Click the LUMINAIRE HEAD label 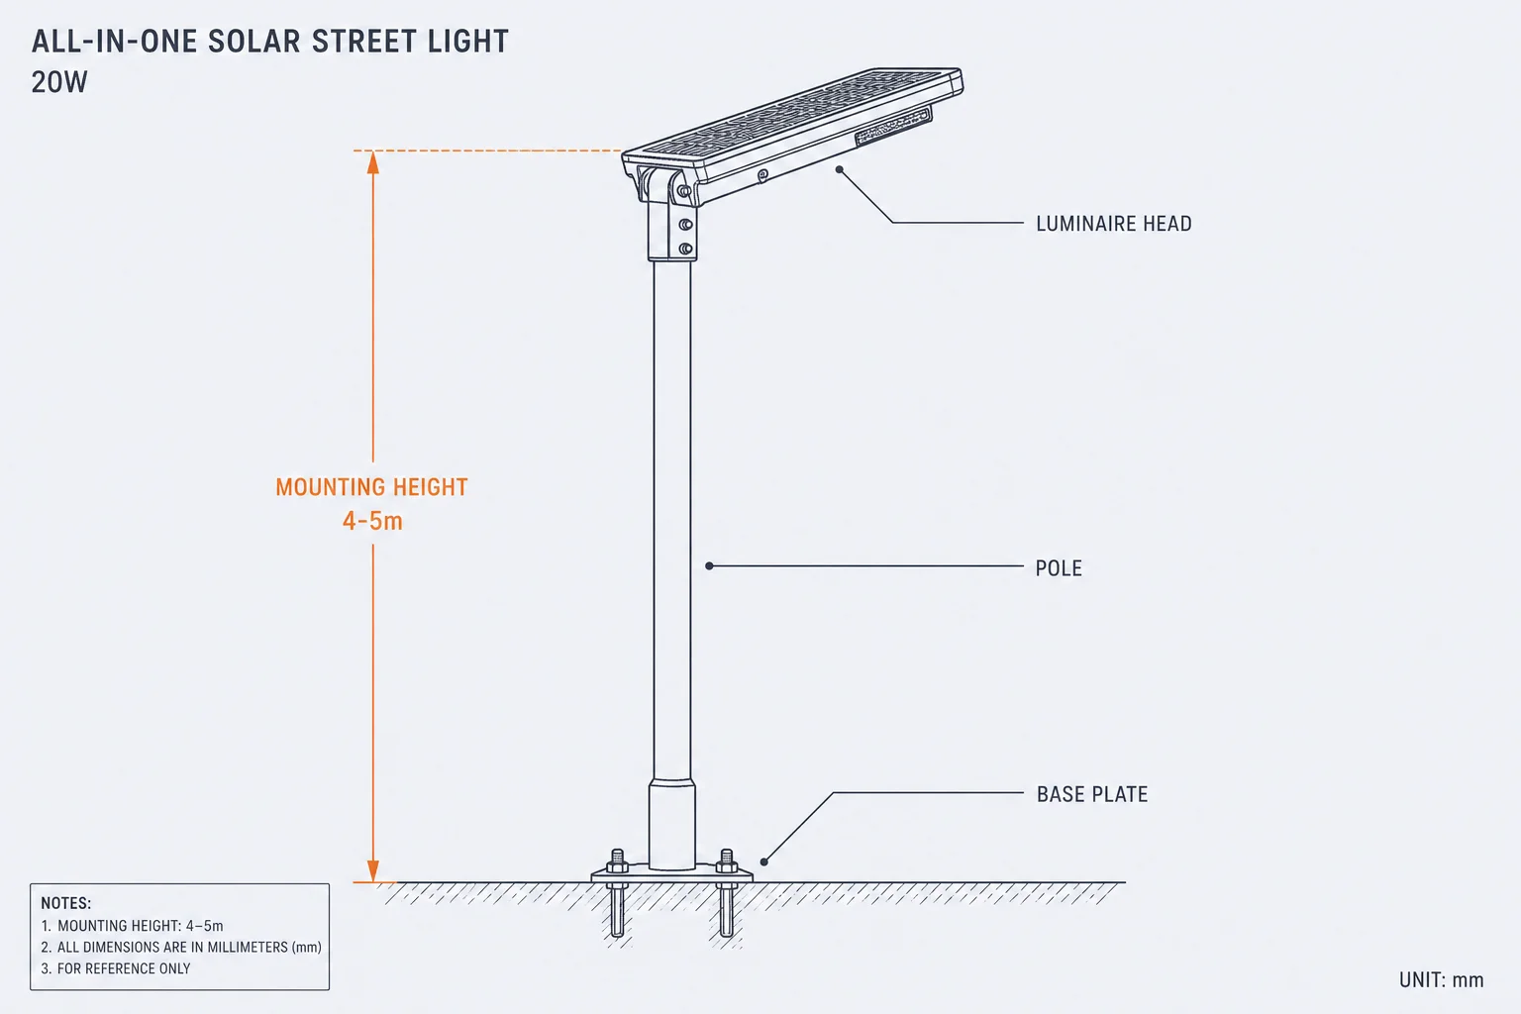tap(1114, 224)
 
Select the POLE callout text tap(1059, 567)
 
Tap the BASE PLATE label tap(1092, 794)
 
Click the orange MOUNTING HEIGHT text tap(371, 487)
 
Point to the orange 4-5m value tap(372, 521)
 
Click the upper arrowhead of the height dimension tap(372, 162)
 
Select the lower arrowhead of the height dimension tap(372, 870)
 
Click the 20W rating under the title tap(59, 82)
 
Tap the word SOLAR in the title tap(253, 42)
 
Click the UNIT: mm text tap(1441, 980)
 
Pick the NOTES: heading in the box tap(66, 903)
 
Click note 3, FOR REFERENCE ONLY tap(116, 968)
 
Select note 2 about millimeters tap(181, 947)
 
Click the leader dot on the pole tap(709, 565)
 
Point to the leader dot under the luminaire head tap(840, 169)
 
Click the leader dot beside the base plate tap(763, 862)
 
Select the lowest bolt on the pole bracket tap(686, 249)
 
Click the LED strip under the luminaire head tap(893, 127)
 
